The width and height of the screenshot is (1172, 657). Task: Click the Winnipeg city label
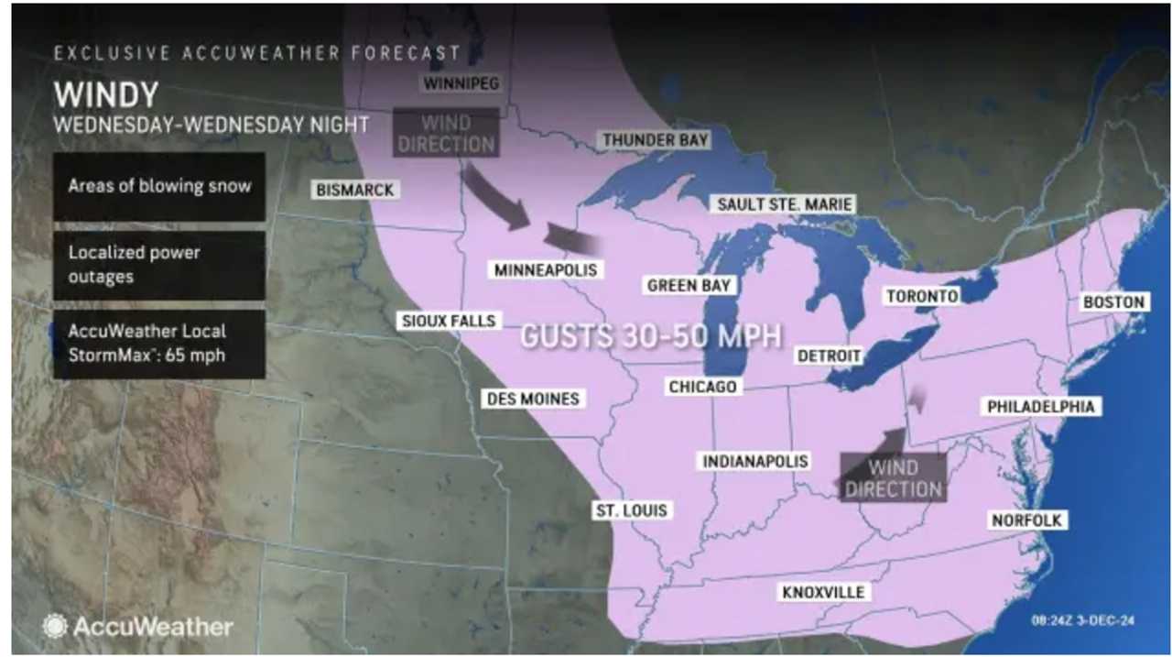click(x=461, y=83)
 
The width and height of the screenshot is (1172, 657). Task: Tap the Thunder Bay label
click(x=656, y=140)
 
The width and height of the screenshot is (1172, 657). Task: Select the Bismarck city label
click(x=354, y=190)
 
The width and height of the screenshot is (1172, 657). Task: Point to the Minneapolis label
click(x=546, y=269)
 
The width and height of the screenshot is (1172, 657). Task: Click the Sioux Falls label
click(x=449, y=321)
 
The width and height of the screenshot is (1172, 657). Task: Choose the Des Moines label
click(x=533, y=399)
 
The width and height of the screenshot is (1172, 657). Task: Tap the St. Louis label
click(x=632, y=510)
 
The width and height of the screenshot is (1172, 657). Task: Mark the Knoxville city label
click(x=823, y=592)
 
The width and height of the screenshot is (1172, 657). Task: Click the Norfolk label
click(x=1026, y=520)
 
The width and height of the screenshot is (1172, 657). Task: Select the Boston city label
click(x=1113, y=301)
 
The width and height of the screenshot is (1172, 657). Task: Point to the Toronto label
click(x=921, y=296)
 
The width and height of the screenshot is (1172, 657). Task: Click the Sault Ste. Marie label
click(x=785, y=203)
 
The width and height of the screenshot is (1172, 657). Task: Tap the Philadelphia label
click(x=1040, y=406)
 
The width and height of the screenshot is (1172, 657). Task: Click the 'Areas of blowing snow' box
click(x=159, y=186)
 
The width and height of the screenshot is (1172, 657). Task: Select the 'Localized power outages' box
click(x=159, y=265)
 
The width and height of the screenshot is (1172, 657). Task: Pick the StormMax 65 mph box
click(x=159, y=344)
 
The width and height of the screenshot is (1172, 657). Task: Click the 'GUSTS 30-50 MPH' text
click(x=651, y=335)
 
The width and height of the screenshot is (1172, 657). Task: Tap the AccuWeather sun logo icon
click(x=55, y=627)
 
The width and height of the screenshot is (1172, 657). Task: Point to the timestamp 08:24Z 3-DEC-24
click(x=1083, y=620)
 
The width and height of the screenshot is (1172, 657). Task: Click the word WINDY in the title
click(x=106, y=95)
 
